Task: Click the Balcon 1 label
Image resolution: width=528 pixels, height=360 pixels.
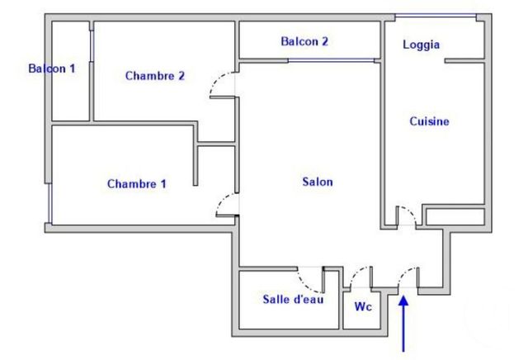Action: [x=52, y=69]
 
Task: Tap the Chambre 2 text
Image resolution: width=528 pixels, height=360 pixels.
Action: [x=155, y=76]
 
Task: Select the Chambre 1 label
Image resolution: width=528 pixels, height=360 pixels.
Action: [x=137, y=184]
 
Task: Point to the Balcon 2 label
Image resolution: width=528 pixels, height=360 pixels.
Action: [x=305, y=41]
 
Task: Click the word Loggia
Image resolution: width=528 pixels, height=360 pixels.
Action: [x=421, y=45]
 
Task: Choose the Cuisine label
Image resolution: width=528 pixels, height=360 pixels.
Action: [x=429, y=121]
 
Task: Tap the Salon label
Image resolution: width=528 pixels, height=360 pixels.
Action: [x=318, y=182]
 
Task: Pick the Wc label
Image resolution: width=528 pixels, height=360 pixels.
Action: [x=362, y=306]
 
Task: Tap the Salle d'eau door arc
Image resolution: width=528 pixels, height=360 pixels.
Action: [x=309, y=279]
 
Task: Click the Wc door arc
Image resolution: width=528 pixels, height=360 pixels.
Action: [x=361, y=277]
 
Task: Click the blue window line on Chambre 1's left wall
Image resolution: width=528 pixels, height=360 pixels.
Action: [x=49, y=201]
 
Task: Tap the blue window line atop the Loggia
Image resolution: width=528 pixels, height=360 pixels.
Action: [x=436, y=16]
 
